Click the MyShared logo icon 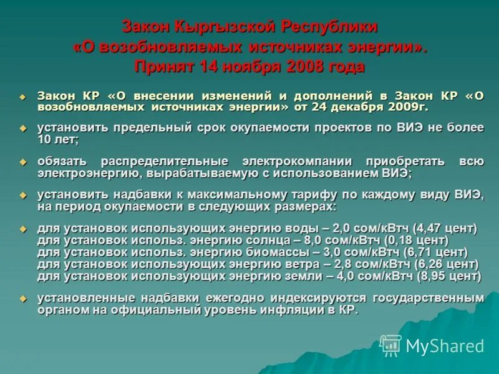391,345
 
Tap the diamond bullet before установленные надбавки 23,299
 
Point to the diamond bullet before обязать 23,162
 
